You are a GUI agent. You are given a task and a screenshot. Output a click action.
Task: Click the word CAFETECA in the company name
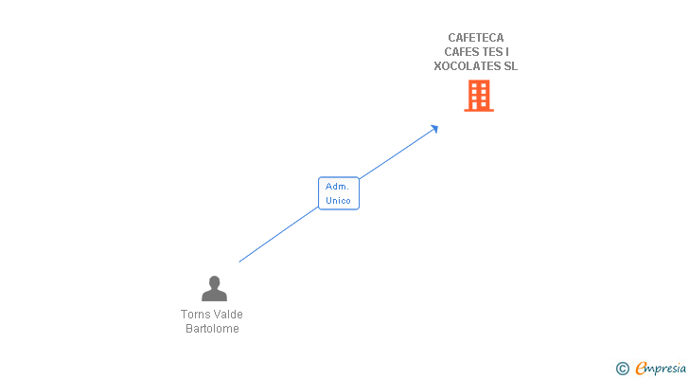tap(476, 38)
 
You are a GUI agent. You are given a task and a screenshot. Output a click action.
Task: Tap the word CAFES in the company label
tap(462, 52)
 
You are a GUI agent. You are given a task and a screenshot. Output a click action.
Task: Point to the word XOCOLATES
tap(463, 66)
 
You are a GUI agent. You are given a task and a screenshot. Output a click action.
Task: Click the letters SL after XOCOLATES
tap(510, 66)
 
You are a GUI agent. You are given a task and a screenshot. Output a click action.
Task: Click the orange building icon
tap(479, 96)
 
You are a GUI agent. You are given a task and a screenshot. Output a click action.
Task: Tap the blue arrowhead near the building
tap(434, 128)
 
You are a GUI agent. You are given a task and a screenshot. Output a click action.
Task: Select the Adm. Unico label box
tap(338, 193)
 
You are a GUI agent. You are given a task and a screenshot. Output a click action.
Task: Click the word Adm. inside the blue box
tap(338, 187)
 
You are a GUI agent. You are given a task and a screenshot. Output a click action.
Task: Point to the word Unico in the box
tap(338, 201)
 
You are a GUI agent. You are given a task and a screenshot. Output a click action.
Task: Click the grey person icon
tap(214, 289)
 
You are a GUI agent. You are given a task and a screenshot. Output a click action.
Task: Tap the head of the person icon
tap(214, 281)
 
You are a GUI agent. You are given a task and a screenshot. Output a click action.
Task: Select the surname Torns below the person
tap(196, 315)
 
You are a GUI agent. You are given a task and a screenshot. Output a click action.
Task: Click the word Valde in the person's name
tap(228, 315)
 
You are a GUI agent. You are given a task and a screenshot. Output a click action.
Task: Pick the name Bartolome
tap(212, 329)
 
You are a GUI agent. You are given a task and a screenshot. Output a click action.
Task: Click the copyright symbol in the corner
tap(623, 369)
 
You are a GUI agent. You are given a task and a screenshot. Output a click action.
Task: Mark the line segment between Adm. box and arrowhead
tap(397, 153)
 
